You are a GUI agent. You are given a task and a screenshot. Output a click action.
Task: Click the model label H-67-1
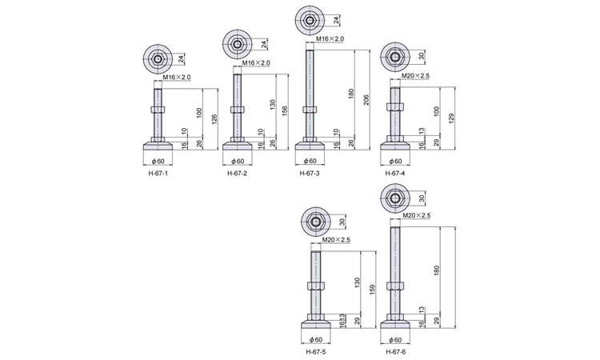pos(158,174)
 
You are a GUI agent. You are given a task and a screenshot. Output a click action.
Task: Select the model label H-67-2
pos(238,174)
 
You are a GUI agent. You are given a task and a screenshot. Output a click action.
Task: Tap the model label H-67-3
pos(309,174)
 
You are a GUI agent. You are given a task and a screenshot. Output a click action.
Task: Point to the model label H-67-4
pos(395,174)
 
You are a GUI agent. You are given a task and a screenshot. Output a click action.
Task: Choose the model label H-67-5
pos(316,352)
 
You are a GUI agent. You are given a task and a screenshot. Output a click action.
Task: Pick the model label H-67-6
pos(396,352)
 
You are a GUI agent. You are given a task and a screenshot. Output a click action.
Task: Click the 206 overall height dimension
pos(366,100)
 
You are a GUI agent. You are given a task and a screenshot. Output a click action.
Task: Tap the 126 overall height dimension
pos(214,120)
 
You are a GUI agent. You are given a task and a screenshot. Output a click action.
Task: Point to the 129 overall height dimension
pos(452,118)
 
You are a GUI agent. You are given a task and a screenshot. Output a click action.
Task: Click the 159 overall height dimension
pos(373,290)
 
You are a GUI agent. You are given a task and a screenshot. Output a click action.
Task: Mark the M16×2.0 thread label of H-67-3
pos(330,38)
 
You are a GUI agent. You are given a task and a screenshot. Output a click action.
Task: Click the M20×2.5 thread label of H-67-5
pos(336,240)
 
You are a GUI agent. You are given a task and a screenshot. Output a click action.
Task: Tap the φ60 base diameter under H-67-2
pos(238,161)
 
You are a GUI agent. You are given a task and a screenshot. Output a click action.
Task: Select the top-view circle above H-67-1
pos(158,59)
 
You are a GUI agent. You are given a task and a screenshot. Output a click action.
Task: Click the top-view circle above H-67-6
pos(395,198)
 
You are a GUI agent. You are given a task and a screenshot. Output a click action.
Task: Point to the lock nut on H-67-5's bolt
pos(316,286)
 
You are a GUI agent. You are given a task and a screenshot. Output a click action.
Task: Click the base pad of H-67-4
pos(395,146)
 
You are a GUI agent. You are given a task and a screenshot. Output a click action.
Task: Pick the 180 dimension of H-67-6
pos(437,270)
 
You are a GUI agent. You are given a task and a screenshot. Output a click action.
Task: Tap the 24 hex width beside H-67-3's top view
pos(336,20)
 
